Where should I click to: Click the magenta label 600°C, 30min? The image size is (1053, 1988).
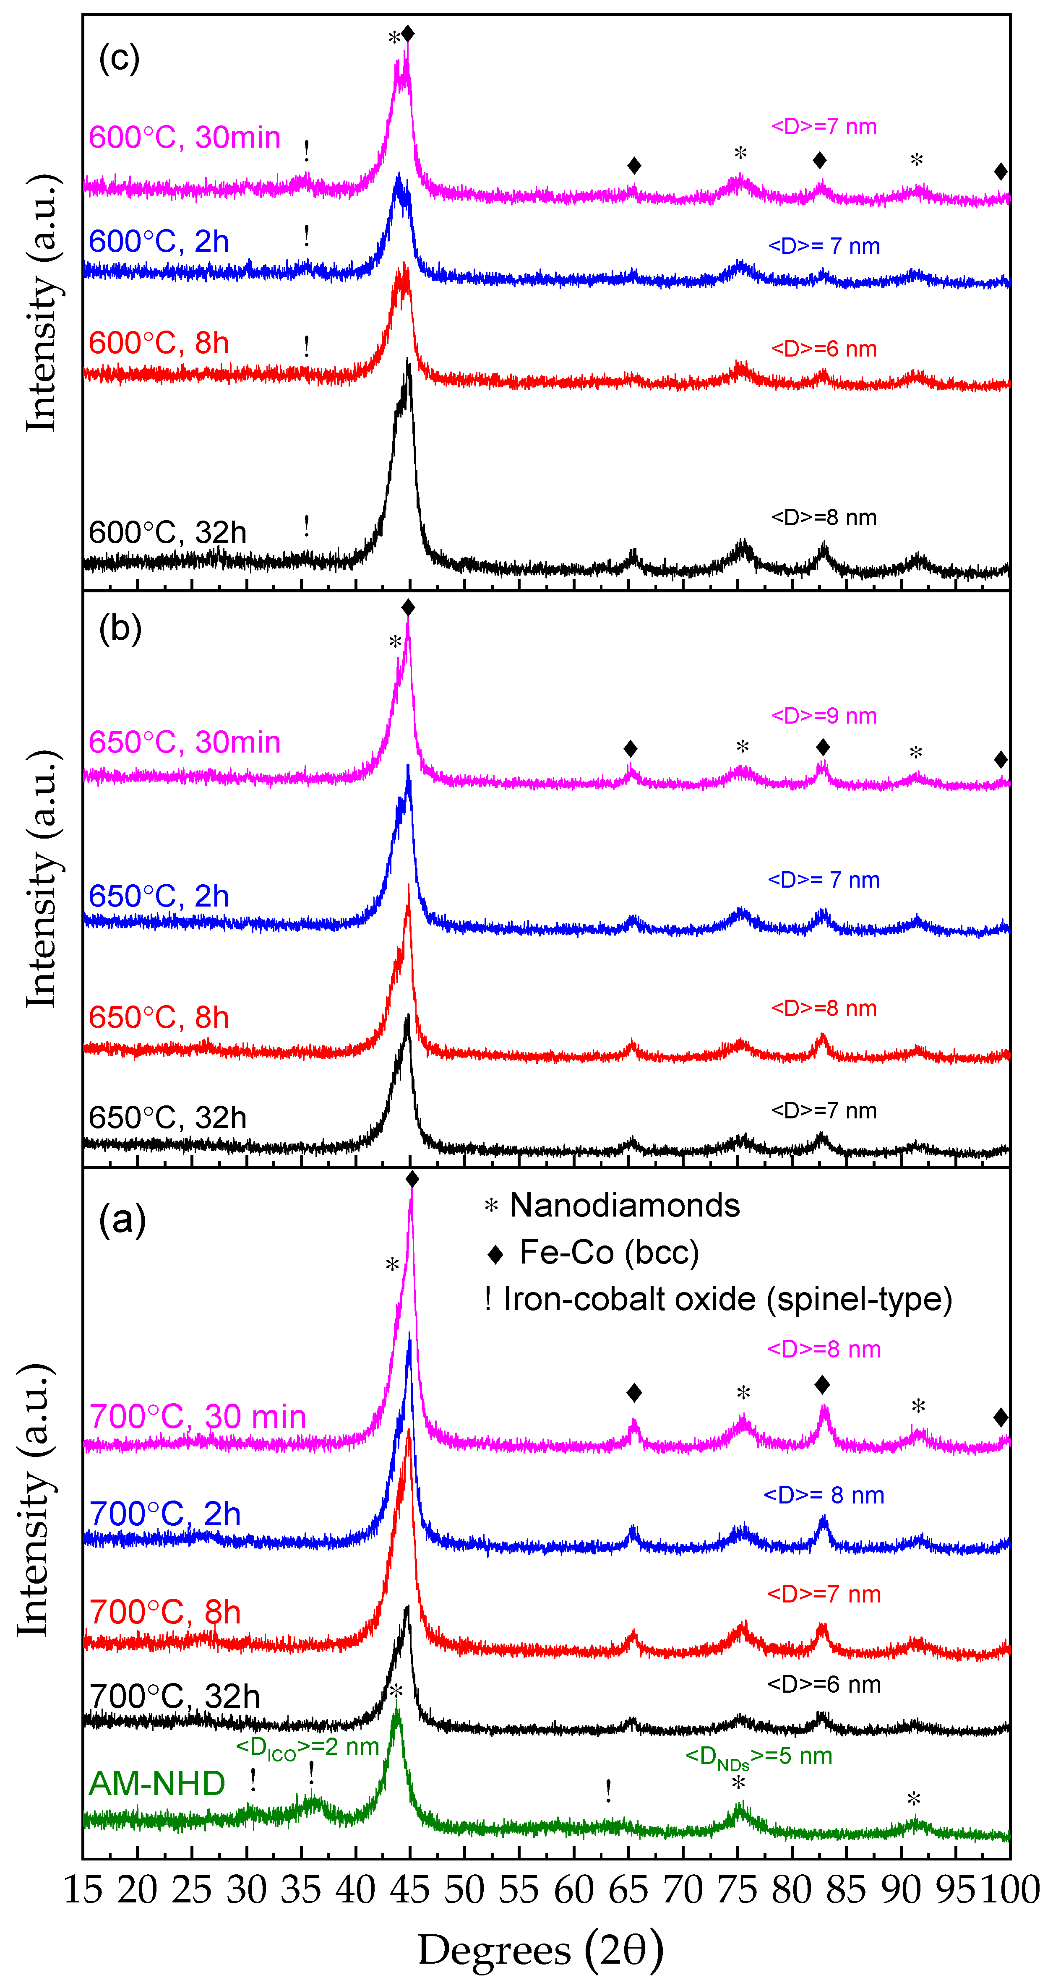click(x=184, y=137)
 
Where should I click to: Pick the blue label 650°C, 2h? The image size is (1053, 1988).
click(x=158, y=896)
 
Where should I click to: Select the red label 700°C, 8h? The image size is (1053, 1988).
click(x=164, y=1612)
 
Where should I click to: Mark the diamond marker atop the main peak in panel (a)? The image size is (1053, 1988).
click(x=412, y=1178)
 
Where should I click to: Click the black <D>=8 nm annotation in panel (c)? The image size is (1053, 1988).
click(x=824, y=517)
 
